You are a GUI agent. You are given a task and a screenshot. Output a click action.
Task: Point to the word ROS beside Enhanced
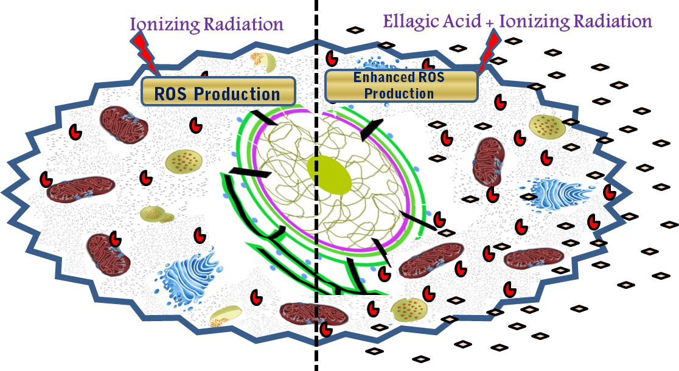coord(430,78)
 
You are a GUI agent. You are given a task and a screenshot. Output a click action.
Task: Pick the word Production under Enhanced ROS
coord(400,93)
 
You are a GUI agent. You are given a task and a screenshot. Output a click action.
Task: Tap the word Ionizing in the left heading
coord(161,24)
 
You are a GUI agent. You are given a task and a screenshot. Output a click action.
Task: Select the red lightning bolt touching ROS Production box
coord(147,52)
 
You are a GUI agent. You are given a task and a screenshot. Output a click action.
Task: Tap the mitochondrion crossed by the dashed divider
coord(313,313)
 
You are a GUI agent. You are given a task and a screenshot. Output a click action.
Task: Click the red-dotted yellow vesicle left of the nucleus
coord(183,162)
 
